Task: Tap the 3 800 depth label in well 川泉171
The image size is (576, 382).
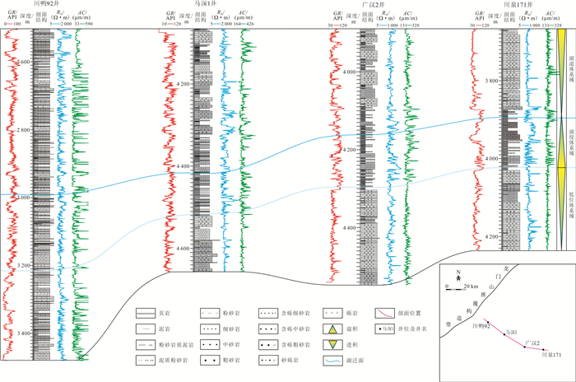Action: click(493, 81)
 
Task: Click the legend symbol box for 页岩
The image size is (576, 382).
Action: click(147, 313)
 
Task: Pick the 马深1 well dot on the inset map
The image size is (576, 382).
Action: click(503, 333)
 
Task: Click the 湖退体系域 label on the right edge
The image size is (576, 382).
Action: click(569, 58)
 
